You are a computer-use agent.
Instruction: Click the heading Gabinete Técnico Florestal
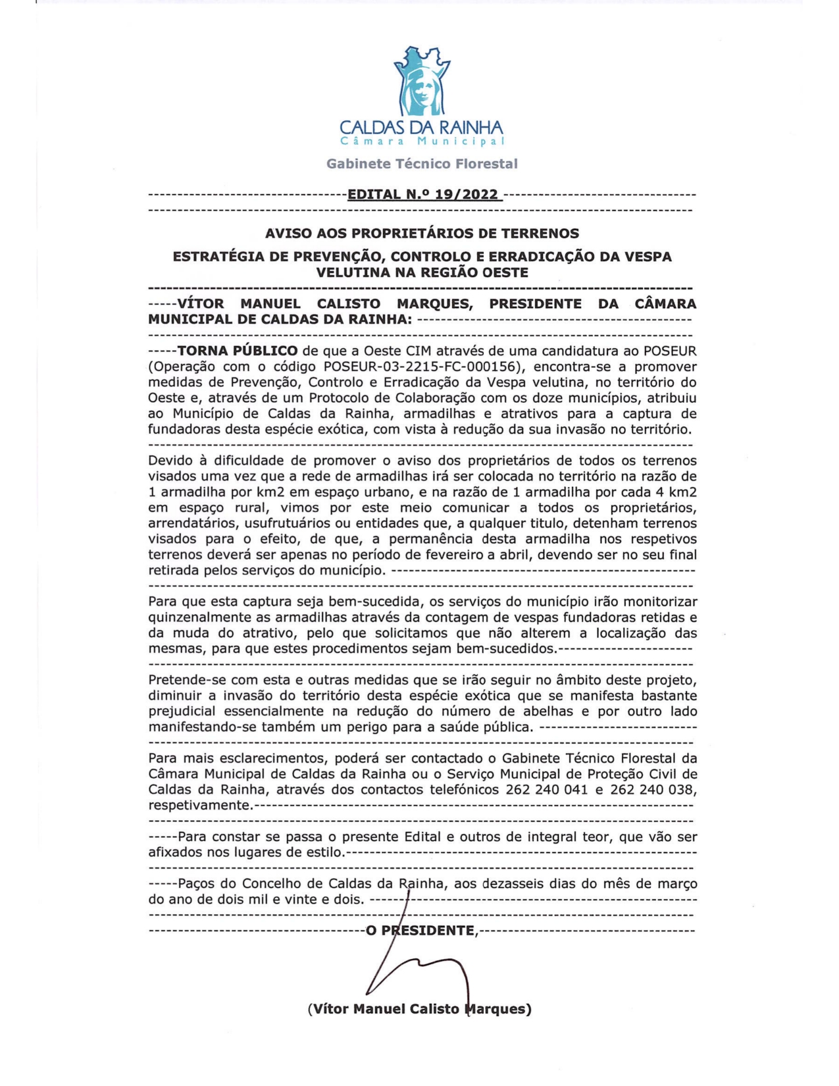(x=422, y=164)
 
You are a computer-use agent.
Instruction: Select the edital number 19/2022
(x=463, y=194)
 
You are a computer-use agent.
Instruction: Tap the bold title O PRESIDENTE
(x=422, y=930)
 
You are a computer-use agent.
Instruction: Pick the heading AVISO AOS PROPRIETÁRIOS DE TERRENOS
(x=422, y=233)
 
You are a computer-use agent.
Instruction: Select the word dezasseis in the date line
(x=513, y=883)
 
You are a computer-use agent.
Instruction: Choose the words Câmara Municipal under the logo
(x=422, y=142)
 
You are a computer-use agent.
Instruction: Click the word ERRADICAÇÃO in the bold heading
(x=536, y=256)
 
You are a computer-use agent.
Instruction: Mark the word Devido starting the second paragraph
(x=170, y=460)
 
